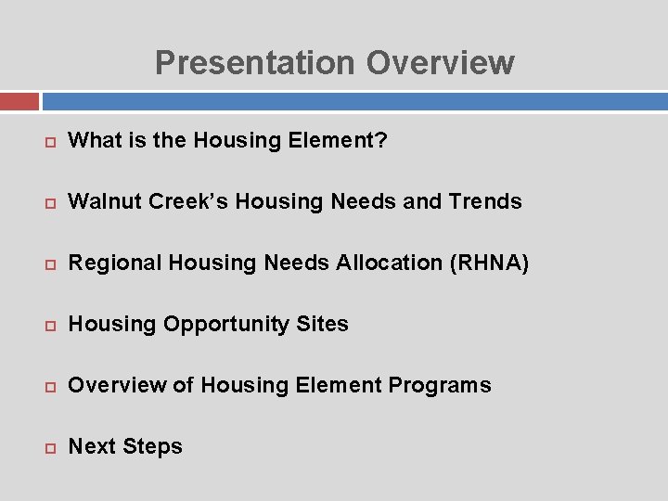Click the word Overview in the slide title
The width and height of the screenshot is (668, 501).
point(440,63)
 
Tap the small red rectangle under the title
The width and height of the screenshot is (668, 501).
point(19,101)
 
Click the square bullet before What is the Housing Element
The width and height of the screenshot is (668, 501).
point(48,142)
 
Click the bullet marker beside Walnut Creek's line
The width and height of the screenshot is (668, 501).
point(48,203)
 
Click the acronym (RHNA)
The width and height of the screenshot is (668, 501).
point(489,263)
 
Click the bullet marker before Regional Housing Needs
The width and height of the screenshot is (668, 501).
point(48,264)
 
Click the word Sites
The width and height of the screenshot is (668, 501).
point(323,325)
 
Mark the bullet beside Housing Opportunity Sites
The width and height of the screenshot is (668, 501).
point(48,326)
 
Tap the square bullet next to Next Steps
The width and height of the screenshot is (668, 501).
point(48,448)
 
